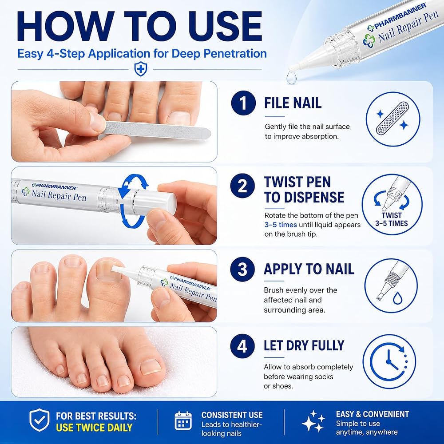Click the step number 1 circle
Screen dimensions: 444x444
pyautogui.click(x=243, y=103)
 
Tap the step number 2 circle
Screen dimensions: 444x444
pyautogui.click(x=242, y=186)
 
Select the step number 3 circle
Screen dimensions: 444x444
pyautogui.click(x=242, y=269)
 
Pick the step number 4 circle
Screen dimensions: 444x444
pyautogui.click(x=242, y=346)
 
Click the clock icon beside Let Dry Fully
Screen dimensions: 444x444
pyautogui.click(x=389, y=361)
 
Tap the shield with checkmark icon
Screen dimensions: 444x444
pyautogui.click(x=40, y=420)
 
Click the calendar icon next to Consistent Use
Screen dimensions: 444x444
pyautogui.click(x=183, y=421)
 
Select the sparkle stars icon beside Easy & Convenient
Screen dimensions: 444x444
pyautogui.click(x=313, y=421)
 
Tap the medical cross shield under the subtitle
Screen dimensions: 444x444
pyautogui.click(x=140, y=69)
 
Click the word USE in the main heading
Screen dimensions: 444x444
pyautogui.click(x=226, y=26)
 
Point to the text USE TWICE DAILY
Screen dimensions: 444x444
pyautogui.click(x=94, y=427)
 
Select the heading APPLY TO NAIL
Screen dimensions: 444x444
pyautogui.click(x=309, y=269)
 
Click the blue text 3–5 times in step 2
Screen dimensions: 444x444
pyautogui.click(x=281, y=225)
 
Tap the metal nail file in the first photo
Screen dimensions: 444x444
pyautogui.click(x=156, y=130)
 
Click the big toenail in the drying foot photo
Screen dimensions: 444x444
pyautogui.click(x=151, y=367)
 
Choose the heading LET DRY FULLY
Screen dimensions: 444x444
pyautogui.click(x=304, y=346)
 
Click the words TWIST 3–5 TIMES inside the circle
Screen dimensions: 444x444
pyautogui.click(x=392, y=219)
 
